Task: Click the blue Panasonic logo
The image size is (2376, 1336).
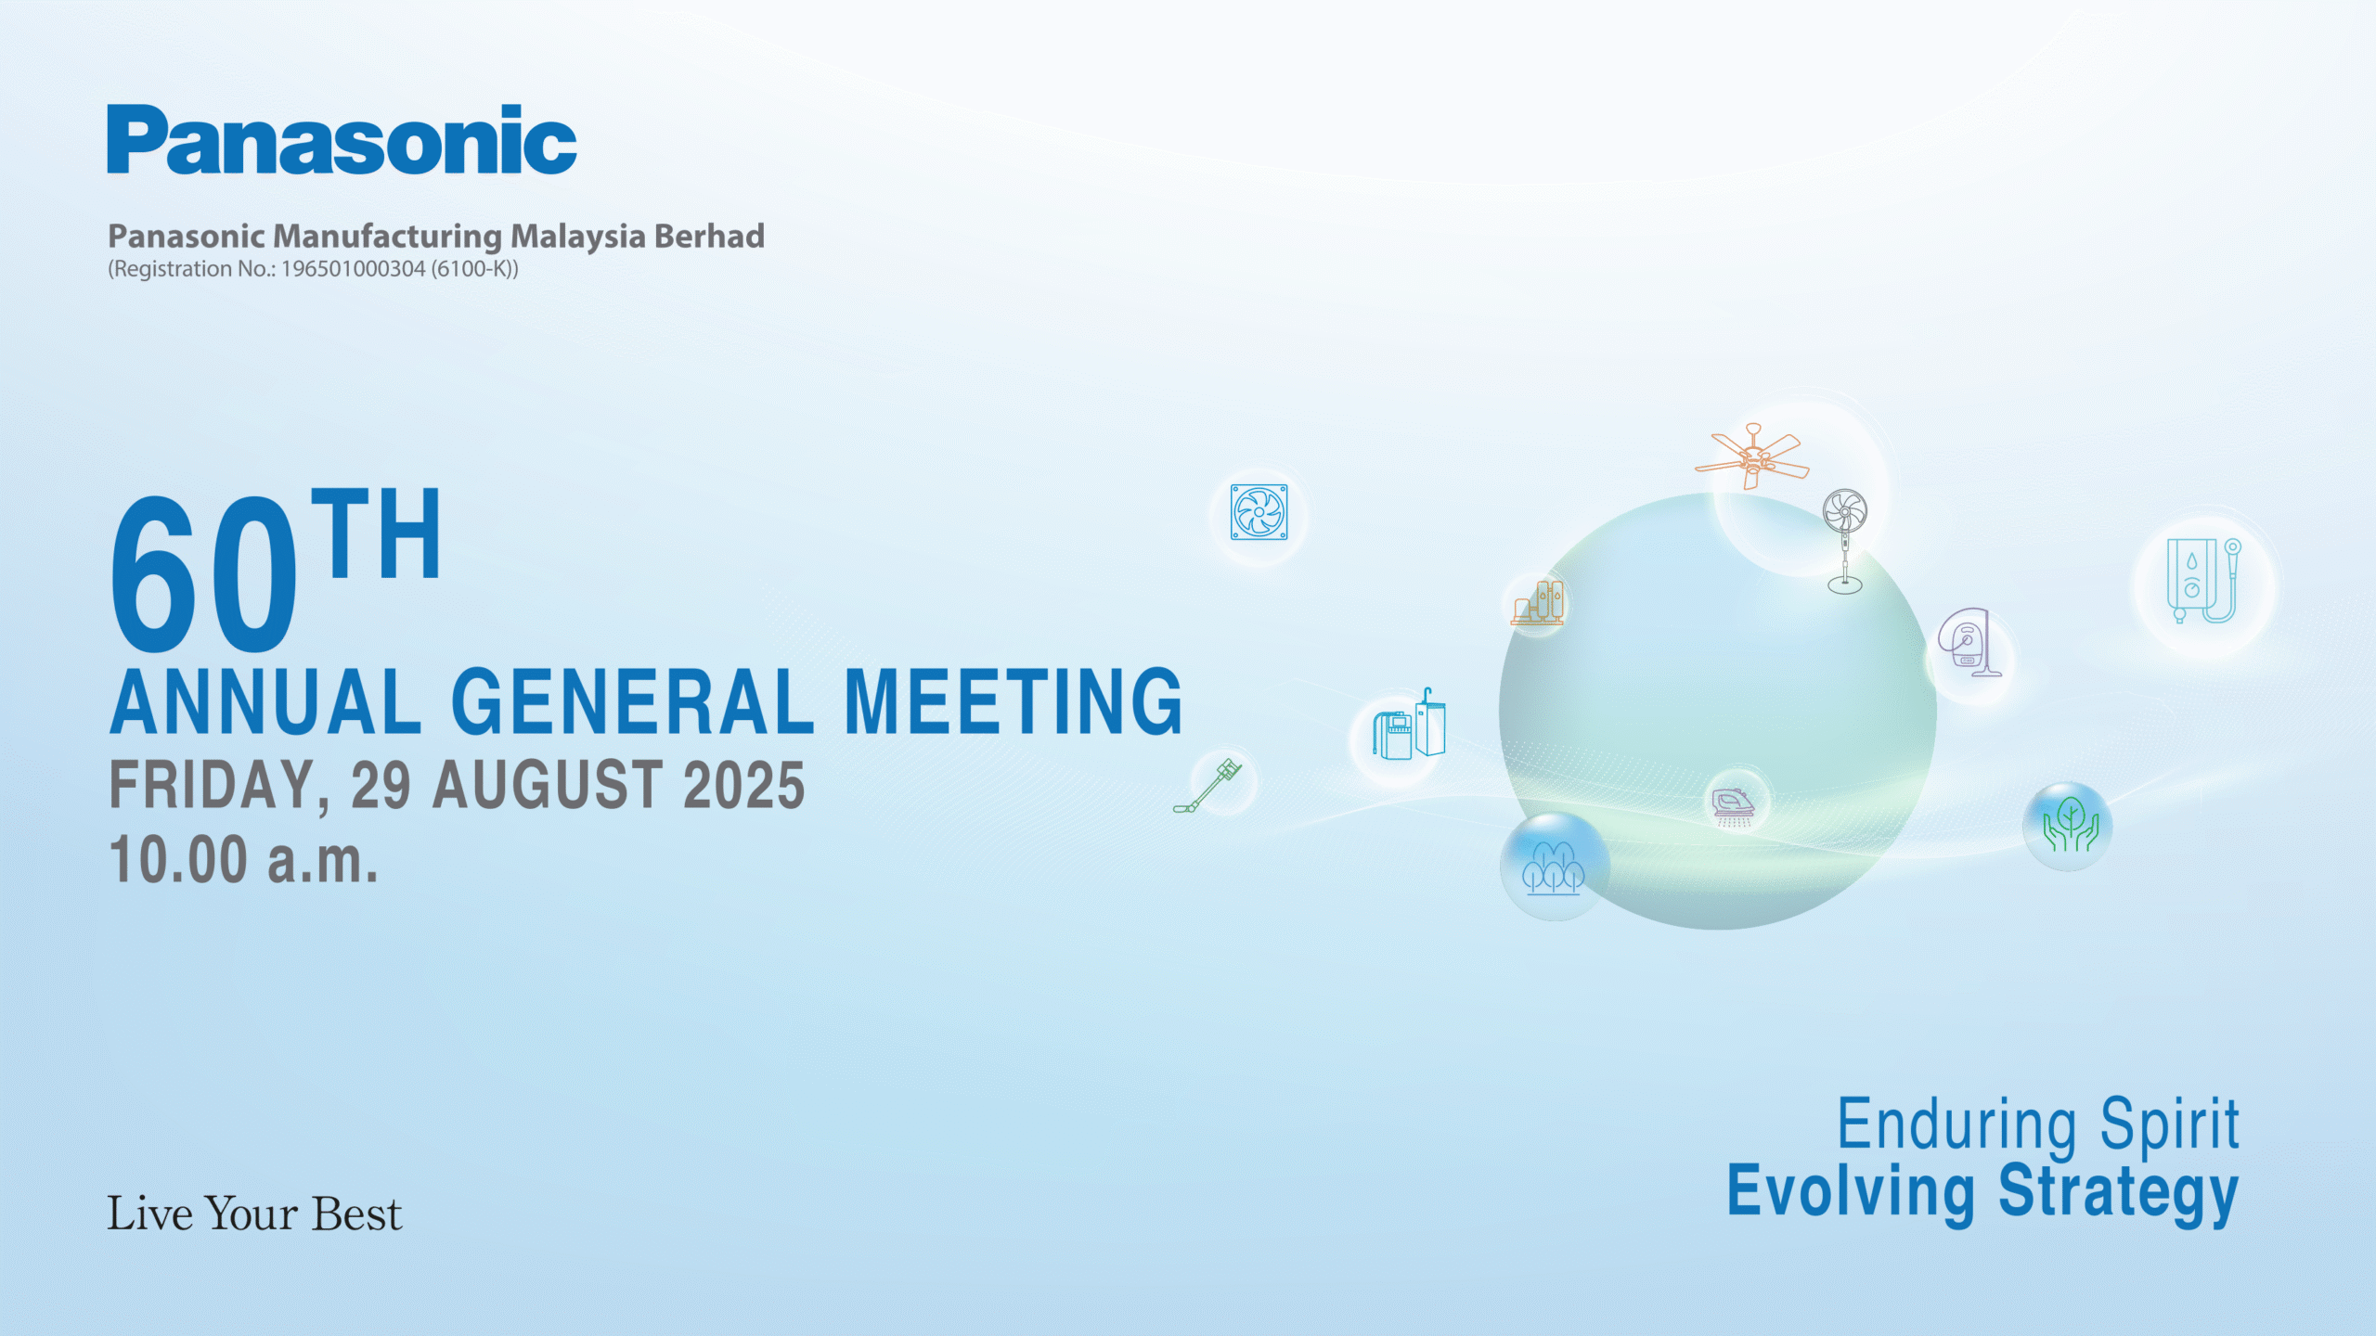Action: pyautogui.click(x=342, y=139)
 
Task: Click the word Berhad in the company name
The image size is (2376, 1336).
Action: pyautogui.click(x=709, y=236)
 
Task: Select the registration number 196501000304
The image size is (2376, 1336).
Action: pyautogui.click(x=353, y=269)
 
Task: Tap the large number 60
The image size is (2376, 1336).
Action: pyautogui.click(x=203, y=573)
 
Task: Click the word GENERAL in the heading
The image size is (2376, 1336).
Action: pyautogui.click(x=632, y=702)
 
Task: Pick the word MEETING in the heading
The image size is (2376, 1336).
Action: pyautogui.click(x=1013, y=702)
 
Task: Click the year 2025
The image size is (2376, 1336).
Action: pyautogui.click(x=743, y=785)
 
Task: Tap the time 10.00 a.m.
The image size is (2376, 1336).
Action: pyautogui.click(x=244, y=859)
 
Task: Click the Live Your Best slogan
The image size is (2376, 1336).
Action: pyautogui.click(x=254, y=1214)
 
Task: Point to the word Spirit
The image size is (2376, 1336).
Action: pyautogui.click(x=2170, y=1125)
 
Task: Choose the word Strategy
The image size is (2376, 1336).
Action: pyautogui.click(x=2119, y=1193)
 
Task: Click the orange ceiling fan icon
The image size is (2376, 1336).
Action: pyautogui.click(x=1752, y=456)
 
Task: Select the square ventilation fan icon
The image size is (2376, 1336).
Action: pyautogui.click(x=1259, y=512)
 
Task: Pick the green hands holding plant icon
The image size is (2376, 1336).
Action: pyautogui.click(x=2071, y=825)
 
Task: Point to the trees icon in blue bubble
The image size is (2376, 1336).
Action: pyautogui.click(x=1553, y=868)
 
